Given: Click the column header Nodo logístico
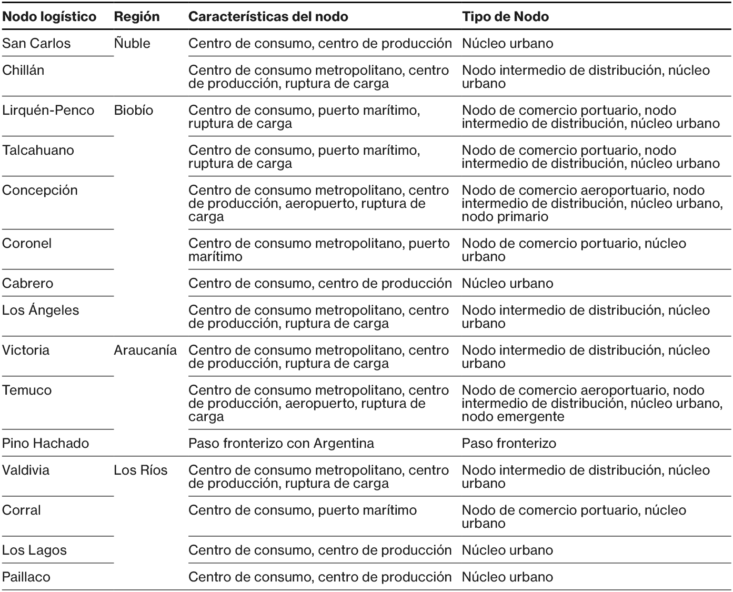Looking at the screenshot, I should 49,16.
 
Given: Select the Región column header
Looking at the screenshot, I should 136,16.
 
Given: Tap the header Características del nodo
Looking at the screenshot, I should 268,16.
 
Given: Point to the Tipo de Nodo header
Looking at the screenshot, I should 505,16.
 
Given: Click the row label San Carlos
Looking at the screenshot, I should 36,43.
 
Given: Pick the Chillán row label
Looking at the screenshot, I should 23,70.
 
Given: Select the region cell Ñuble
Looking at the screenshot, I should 132,43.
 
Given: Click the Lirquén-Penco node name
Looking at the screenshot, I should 48,110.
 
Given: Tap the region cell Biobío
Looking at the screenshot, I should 134,110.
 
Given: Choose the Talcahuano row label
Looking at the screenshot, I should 38,150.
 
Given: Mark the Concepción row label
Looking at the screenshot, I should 40,190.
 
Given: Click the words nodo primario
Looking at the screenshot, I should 505,217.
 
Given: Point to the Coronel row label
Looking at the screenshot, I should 27,243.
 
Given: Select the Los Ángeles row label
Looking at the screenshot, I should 41,310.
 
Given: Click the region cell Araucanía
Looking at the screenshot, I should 145,350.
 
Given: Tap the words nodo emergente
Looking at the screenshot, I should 513,417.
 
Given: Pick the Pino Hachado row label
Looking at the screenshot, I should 46,443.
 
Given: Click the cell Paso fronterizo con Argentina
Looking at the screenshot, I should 281,443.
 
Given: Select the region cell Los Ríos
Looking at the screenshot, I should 140,470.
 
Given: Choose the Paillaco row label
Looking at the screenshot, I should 26,577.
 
